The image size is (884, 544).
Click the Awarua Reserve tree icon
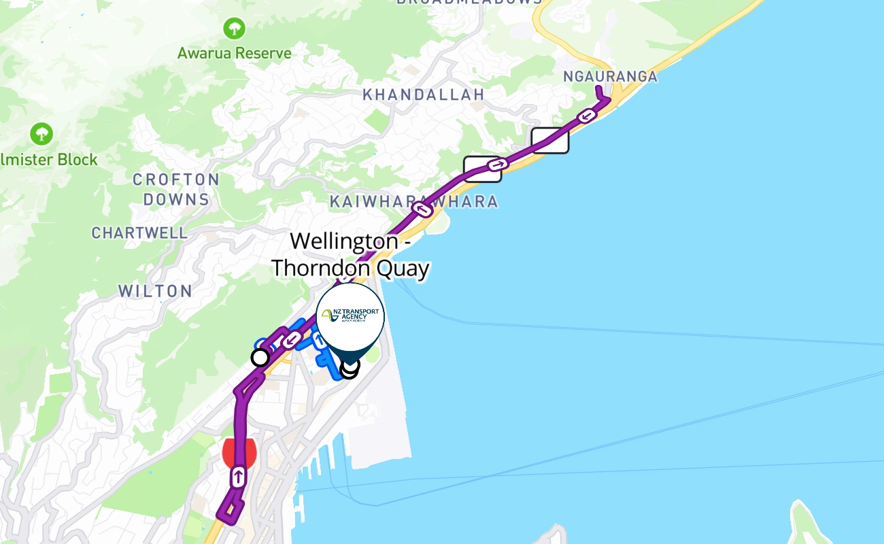coord(235,29)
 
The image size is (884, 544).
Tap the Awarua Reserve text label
coord(235,53)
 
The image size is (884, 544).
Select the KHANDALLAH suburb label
coord(423,95)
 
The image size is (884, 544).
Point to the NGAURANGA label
coord(610,76)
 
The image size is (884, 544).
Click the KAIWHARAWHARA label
coord(413,202)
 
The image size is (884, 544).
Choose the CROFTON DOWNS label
coord(176,190)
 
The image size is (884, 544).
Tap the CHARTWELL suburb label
coord(140,233)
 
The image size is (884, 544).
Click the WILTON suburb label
coord(155,291)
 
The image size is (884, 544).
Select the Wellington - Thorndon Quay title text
coord(350,254)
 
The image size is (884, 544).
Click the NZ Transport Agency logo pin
coord(351,317)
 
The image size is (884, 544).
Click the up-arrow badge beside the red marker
coord(238,477)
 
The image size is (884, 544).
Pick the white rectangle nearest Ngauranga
coord(549,140)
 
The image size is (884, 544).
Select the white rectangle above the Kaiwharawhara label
coord(482,169)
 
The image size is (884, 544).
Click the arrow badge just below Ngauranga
coord(588,116)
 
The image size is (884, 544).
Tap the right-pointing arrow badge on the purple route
coord(498,164)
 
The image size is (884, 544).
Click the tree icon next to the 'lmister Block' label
coord(42,133)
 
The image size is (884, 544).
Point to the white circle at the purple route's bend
coord(260,357)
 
